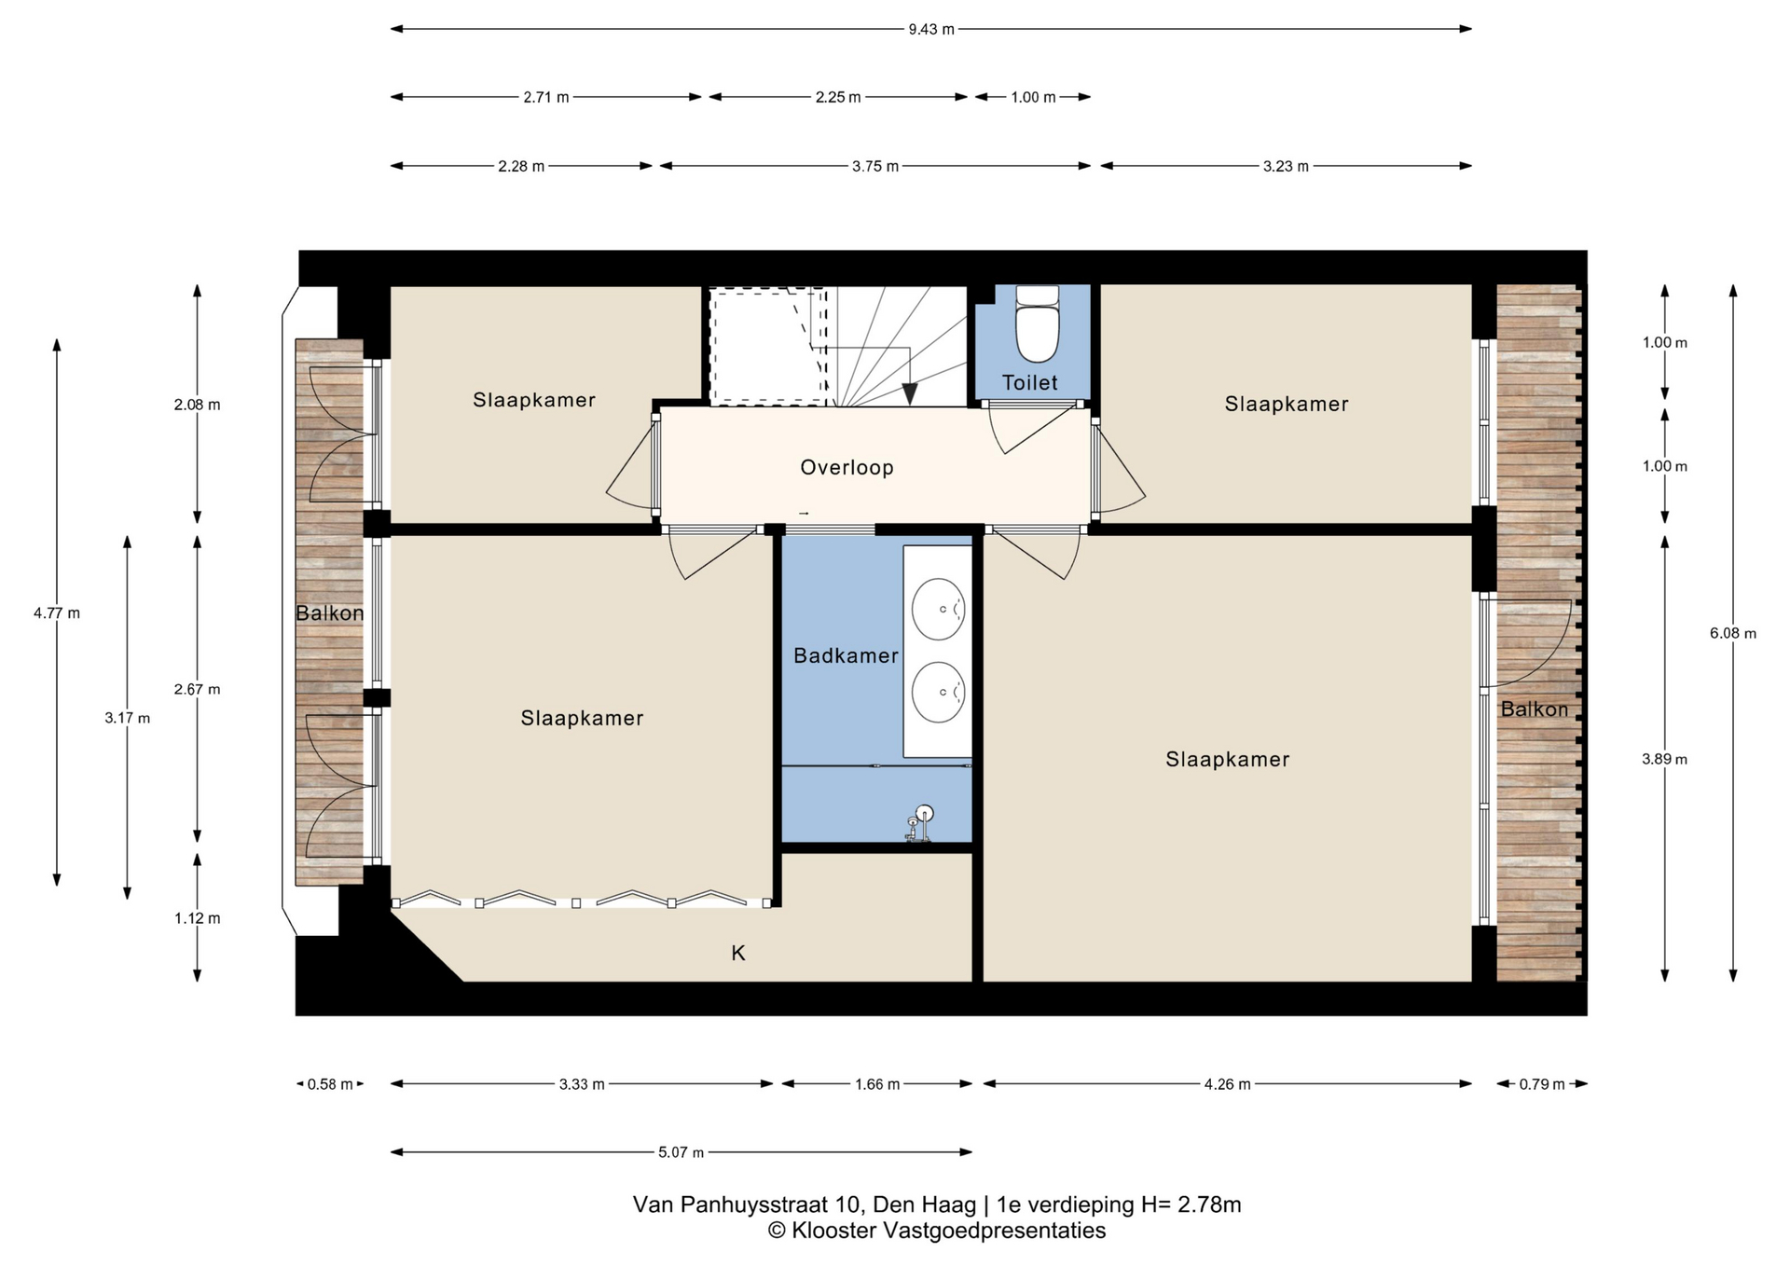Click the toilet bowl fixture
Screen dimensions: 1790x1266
[x=1037, y=324]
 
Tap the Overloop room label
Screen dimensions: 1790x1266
[x=847, y=468]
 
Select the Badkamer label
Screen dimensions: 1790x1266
[x=846, y=655]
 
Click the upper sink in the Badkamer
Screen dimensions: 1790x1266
[x=938, y=610]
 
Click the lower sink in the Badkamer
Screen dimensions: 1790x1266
[x=938, y=693]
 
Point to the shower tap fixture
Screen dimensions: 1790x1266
[x=918, y=824]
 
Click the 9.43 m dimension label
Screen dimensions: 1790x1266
[x=931, y=29]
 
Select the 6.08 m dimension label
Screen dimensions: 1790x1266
[x=1732, y=633]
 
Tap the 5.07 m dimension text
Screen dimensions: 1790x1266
[x=681, y=1152]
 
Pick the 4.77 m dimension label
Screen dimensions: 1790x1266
[x=57, y=612]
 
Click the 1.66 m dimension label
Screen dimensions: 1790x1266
[x=876, y=1084]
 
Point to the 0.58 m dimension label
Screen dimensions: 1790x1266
[x=330, y=1084]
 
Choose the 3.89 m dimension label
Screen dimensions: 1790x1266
[x=1664, y=759]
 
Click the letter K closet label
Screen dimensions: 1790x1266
[x=738, y=953]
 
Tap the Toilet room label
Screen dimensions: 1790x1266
[x=1030, y=382]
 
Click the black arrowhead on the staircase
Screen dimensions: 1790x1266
[x=909, y=394]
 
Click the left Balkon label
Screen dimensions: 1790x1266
[x=329, y=612]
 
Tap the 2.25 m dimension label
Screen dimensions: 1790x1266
[x=838, y=97]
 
